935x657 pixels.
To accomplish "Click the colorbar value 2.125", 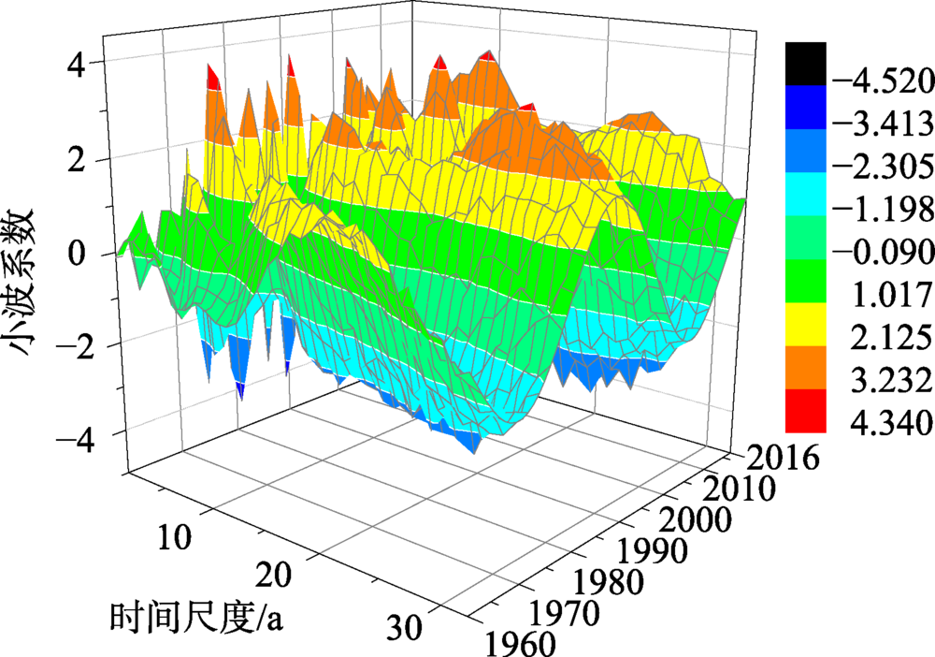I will [883, 337].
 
